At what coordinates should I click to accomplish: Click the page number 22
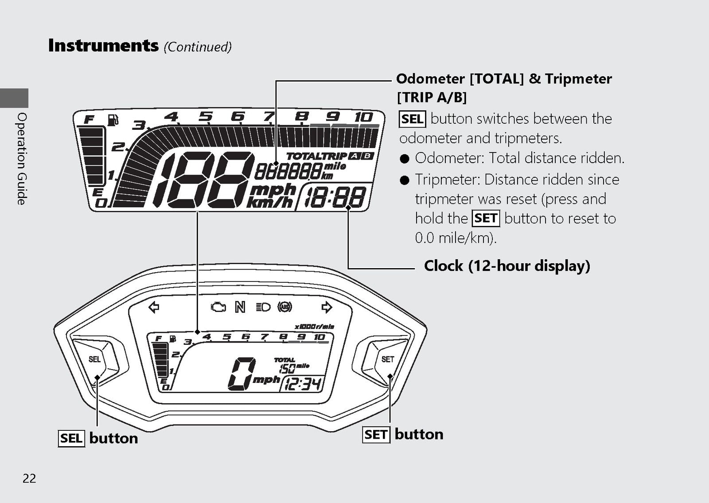click(x=29, y=478)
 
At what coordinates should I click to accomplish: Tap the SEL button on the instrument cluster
click(x=94, y=359)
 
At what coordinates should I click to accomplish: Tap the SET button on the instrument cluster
click(x=387, y=359)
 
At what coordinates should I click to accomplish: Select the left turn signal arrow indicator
click(x=154, y=307)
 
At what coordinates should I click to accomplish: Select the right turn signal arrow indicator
click(x=327, y=307)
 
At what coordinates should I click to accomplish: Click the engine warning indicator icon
click(x=218, y=308)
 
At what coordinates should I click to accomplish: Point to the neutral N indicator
click(x=240, y=307)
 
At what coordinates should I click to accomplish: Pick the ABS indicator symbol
click(x=285, y=307)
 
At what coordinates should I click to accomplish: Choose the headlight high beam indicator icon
click(x=263, y=307)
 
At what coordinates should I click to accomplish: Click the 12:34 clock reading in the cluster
click(x=303, y=384)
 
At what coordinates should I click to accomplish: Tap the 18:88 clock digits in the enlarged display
click(x=335, y=197)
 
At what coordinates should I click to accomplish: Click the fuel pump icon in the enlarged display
click(x=113, y=120)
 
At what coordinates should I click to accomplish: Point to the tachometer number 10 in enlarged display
click(x=364, y=117)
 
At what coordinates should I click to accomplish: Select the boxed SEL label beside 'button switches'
click(x=413, y=119)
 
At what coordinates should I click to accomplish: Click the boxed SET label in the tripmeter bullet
click(x=486, y=218)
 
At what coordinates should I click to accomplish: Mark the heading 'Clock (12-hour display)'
click(x=507, y=265)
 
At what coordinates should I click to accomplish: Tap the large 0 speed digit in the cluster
click(x=242, y=374)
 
